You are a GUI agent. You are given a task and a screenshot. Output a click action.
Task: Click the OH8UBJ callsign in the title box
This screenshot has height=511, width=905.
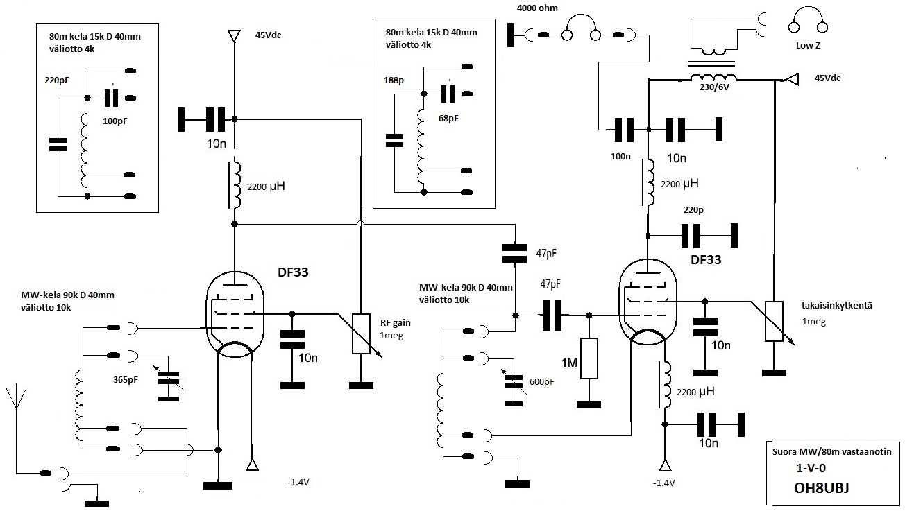coord(821,487)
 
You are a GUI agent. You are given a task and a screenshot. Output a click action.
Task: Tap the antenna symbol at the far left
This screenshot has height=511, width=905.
coord(16,419)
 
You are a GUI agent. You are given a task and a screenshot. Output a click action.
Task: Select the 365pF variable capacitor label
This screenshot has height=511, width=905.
coord(125,380)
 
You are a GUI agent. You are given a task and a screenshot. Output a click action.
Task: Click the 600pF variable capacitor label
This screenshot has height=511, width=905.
coord(542,381)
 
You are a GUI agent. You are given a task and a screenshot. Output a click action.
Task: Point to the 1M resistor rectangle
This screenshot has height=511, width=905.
coord(589,358)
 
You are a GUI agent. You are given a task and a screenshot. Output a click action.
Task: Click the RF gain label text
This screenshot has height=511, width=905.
coord(395,322)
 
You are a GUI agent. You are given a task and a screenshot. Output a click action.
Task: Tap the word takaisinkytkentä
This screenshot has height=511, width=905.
coord(837,306)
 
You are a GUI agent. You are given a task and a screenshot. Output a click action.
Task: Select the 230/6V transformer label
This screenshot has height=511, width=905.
coord(714,87)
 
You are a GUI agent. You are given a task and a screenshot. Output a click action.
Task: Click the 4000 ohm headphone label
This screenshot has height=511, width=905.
coord(537,8)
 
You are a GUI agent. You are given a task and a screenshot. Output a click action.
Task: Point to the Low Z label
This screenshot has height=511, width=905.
coord(808,46)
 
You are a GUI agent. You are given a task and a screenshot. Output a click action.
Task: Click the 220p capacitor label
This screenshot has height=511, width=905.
coord(693,210)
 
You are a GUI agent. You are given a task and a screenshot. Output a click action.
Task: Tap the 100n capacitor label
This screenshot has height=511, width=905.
coord(620,157)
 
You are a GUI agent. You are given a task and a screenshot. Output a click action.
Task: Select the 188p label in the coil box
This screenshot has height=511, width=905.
coord(394,80)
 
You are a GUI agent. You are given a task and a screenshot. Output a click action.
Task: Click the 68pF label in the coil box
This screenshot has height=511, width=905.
coord(448,119)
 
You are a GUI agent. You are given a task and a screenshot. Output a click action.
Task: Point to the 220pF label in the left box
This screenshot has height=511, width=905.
coord(57,80)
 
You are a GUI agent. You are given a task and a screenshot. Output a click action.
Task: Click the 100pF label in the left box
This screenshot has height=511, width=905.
coord(115,121)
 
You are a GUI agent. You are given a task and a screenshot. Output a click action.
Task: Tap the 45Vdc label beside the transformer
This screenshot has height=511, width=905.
coord(827,78)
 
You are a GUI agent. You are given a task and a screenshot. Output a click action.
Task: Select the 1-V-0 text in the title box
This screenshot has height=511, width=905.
coord(811,468)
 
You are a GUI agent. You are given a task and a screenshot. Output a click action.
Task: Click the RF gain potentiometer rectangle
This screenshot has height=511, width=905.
coord(361,334)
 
